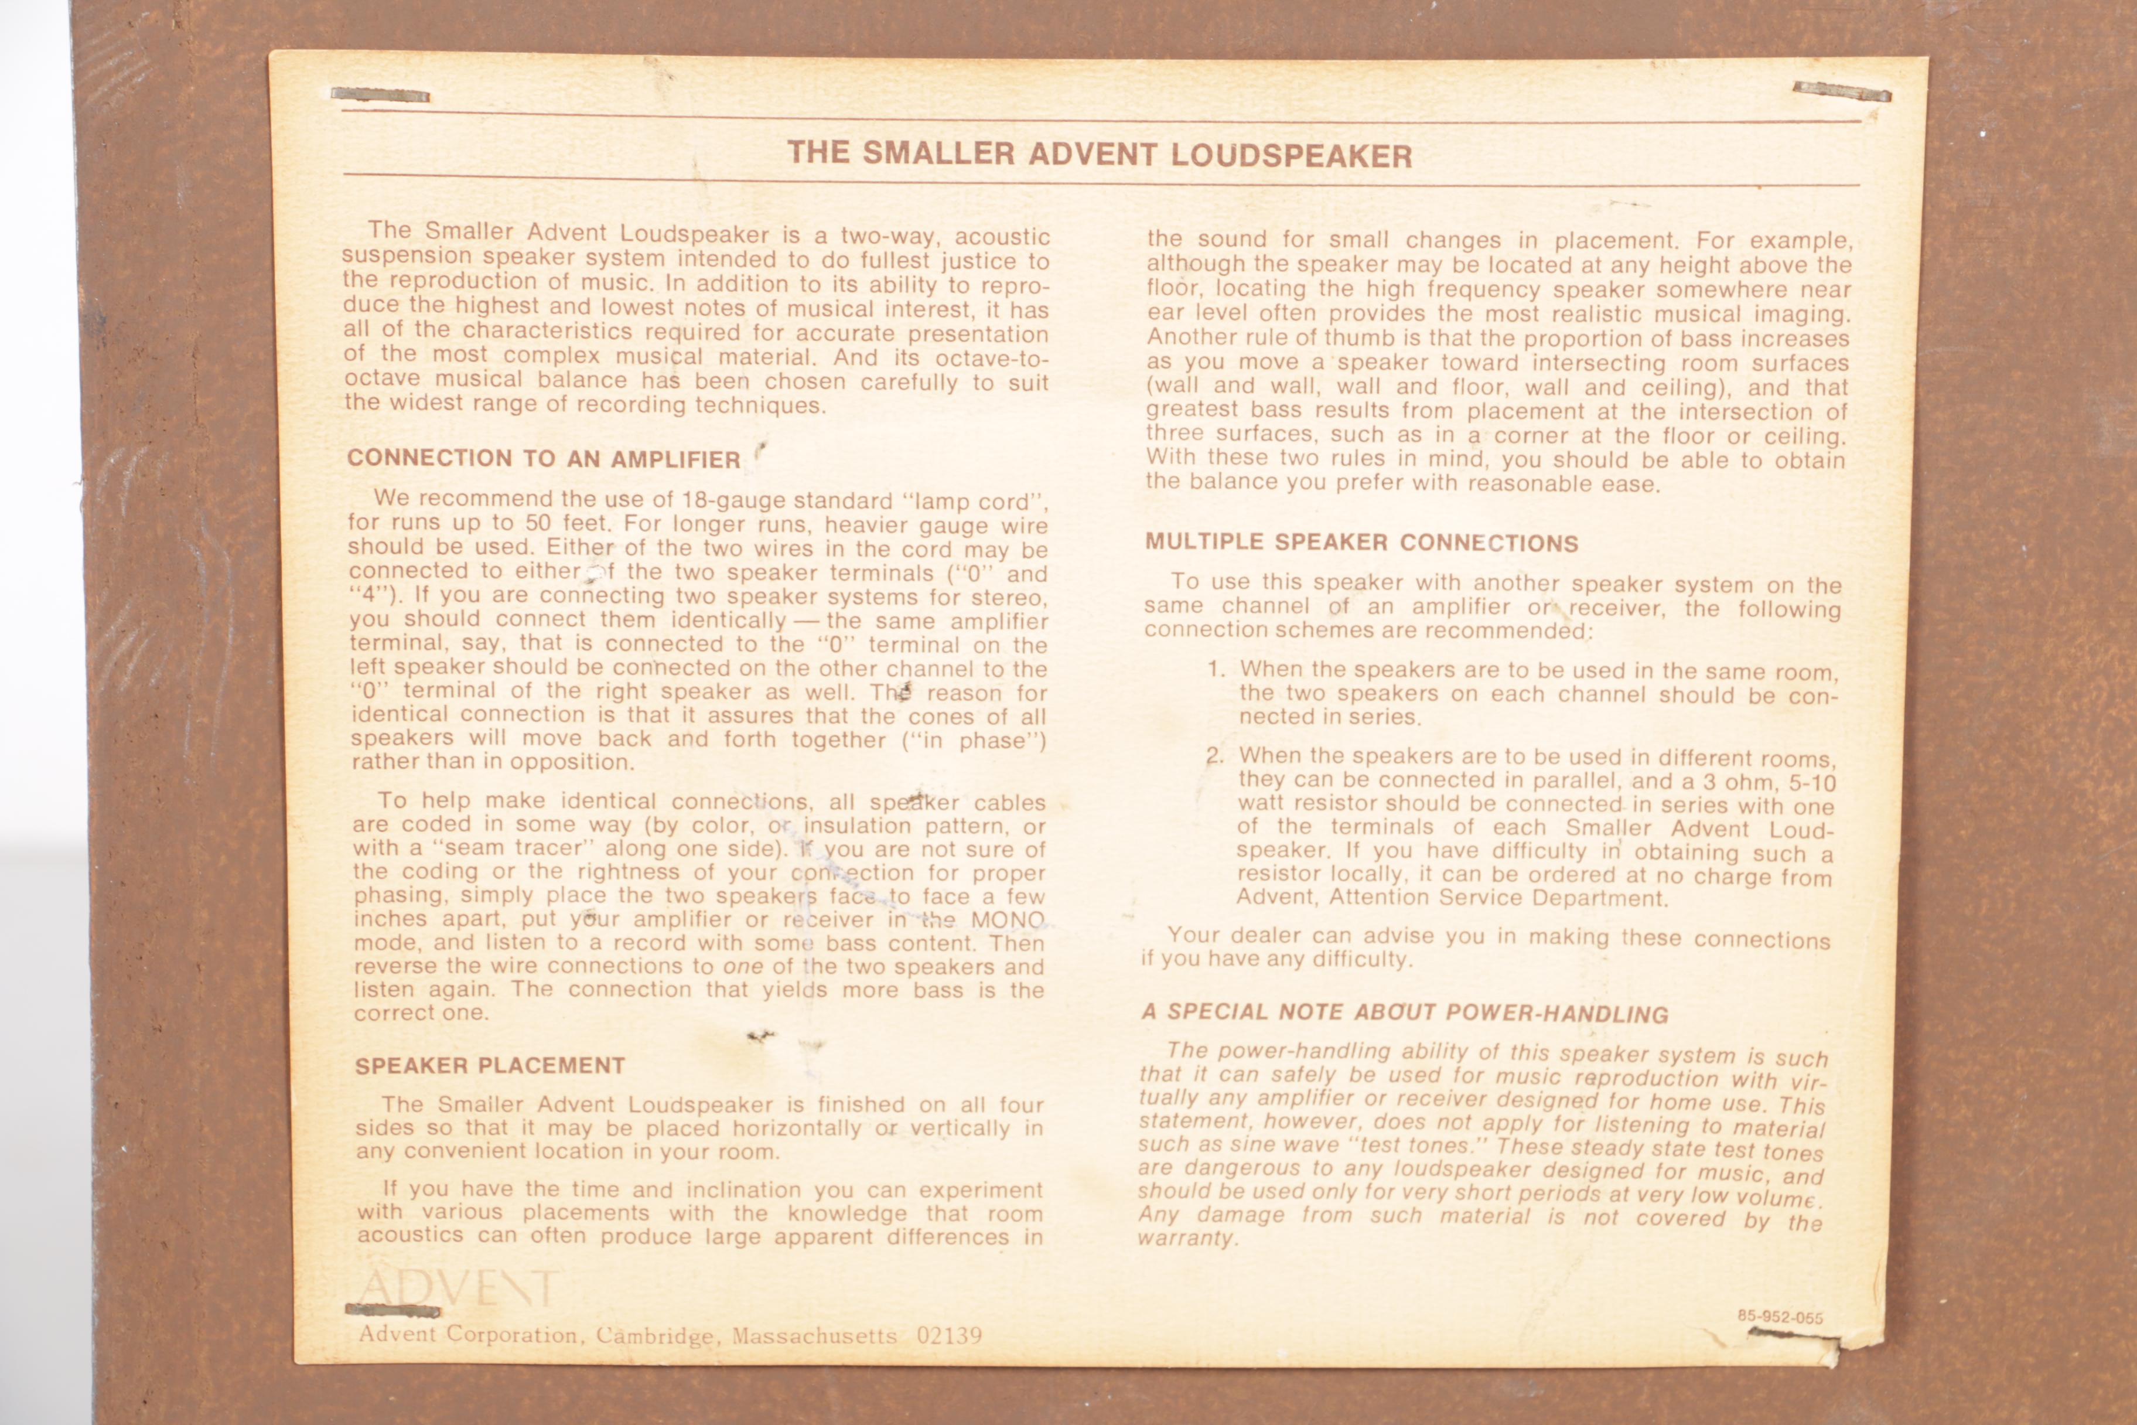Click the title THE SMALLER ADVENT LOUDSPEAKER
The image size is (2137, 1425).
[1100, 154]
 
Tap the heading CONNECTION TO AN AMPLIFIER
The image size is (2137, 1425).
[544, 459]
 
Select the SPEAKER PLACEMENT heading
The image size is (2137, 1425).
[490, 1065]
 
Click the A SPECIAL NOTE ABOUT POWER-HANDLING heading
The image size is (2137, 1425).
[1405, 1012]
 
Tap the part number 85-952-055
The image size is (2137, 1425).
[1780, 1317]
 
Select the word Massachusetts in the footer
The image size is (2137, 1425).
[814, 1336]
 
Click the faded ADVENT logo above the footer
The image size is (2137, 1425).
[456, 1288]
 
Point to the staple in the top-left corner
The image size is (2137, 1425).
[380, 94]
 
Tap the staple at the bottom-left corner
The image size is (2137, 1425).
[392, 1311]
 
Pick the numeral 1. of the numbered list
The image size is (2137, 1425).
[1217, 670]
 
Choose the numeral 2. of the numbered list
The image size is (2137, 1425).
[1215, 755]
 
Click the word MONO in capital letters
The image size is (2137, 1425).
[1008, 920]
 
